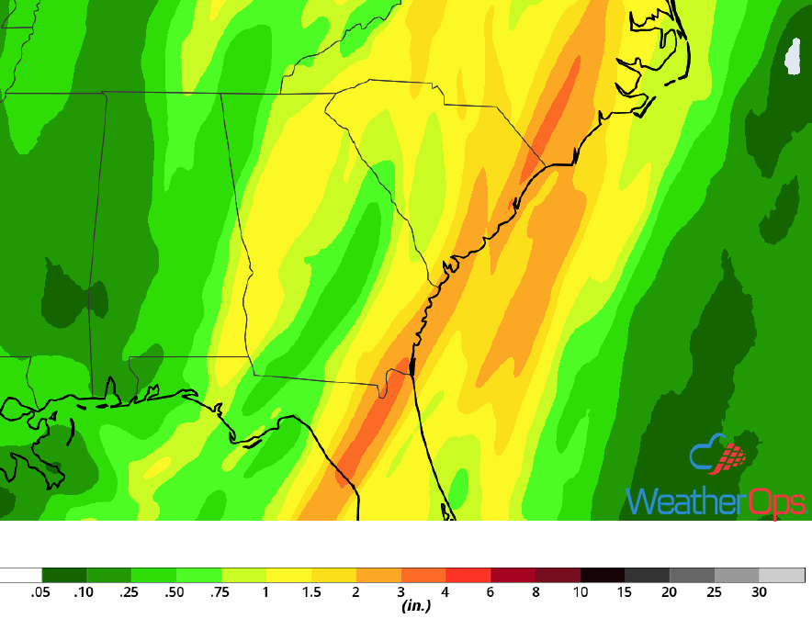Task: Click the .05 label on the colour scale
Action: [x=39, y=592]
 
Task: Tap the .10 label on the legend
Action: [x=85, y=592]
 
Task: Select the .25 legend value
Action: [x=130, y=592]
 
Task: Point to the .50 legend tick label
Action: [x=175, y=592]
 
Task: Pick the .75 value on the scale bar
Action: [x=220, y=592]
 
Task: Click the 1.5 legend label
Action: [x=311, y=592]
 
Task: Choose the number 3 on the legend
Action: [x=400, y=592]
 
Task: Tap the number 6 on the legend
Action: [x=491, y=592]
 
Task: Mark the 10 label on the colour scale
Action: [x=581, y=592]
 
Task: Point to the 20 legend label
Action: [x=670, y=592]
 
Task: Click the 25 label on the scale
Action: [x=715, y=592]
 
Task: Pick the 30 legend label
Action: [x=760, y=592]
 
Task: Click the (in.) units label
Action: [x=417, y=606]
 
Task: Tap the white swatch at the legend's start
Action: [x=21, y=575]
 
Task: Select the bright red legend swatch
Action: [x=468, y=575]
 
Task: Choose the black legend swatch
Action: [x=603, y=575]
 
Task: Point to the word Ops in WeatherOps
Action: [x=774, y=502]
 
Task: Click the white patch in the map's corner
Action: [x=794, y=56]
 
